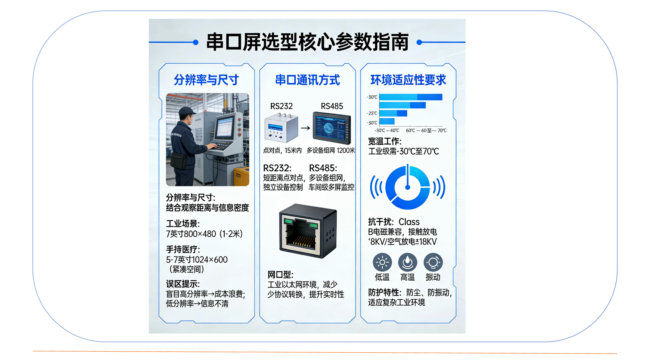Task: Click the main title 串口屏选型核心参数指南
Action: [307, 42]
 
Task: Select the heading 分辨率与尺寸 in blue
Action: [206, 80]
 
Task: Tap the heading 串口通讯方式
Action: [307, 80]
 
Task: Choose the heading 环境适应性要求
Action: [408, 80]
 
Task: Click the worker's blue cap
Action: [187, 110]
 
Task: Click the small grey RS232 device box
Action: [281, 128]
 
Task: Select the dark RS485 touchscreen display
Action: [332, 128]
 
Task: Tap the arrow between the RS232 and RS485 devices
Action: [305, 128]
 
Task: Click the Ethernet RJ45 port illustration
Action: [308, 231]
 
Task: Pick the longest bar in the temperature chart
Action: [411, 97]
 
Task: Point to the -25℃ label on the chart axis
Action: [372, 113]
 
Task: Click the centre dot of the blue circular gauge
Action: [407, 187]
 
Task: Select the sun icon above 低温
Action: [382, 262]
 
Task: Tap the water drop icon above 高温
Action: [407, 262]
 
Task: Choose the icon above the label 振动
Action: [433, 262]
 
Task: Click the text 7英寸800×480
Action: [191, 234]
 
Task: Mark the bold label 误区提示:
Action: [183, 284]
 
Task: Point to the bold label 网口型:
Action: [280, 275]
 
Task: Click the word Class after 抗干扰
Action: [409, 222]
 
